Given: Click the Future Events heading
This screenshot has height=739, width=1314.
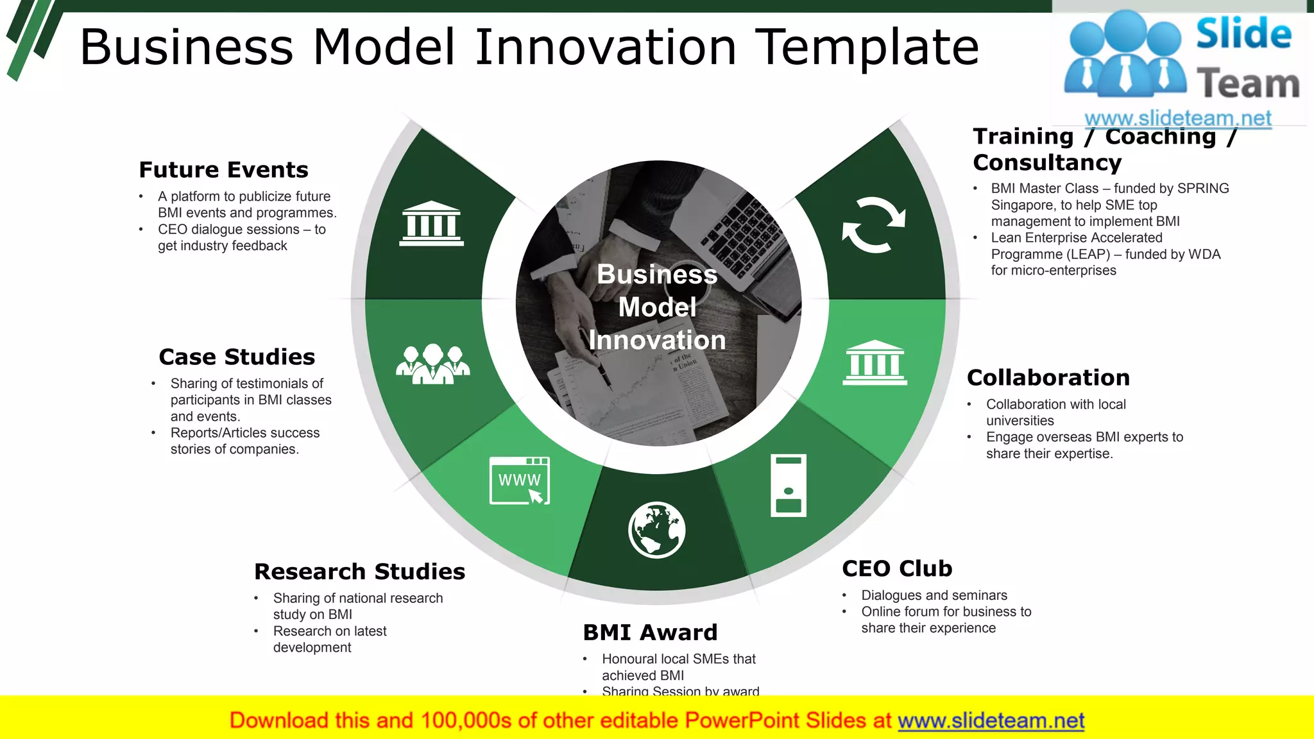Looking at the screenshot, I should [x=223, y=170].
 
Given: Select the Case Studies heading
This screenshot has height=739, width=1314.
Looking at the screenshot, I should [x=237, y=357].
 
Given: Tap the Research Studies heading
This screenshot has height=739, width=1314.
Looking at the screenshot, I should [x=359, y=572].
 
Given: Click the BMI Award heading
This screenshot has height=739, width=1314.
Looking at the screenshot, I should [x=650, y=633].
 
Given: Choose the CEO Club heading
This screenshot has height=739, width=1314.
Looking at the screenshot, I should [x=897, y=569].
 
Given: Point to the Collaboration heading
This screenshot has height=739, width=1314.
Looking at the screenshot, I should [x=1048, y=378].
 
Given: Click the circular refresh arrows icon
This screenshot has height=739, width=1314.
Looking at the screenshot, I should [x=874, y=225].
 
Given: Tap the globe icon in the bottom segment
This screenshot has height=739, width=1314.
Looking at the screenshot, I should [x=656, y=531].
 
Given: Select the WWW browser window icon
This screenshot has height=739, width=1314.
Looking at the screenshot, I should [x=520, y=481].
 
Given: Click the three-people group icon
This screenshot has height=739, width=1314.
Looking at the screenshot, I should [x=432, y=364].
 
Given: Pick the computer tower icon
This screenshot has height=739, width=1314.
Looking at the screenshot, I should [x=788, y=486].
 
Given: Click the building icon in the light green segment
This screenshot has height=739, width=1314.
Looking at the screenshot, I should [x=875, y=363].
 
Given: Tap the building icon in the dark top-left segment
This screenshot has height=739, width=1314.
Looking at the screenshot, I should [x=431, y=224].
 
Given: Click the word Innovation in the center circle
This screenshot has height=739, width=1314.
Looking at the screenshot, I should [x=657, y=340].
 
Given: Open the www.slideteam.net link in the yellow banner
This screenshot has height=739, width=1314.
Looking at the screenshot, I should [x=991, y=720].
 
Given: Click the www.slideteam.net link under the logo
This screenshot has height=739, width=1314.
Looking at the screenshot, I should [x=1178, y=119].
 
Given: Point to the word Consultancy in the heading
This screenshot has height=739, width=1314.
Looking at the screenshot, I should [x=1047, y=163].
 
